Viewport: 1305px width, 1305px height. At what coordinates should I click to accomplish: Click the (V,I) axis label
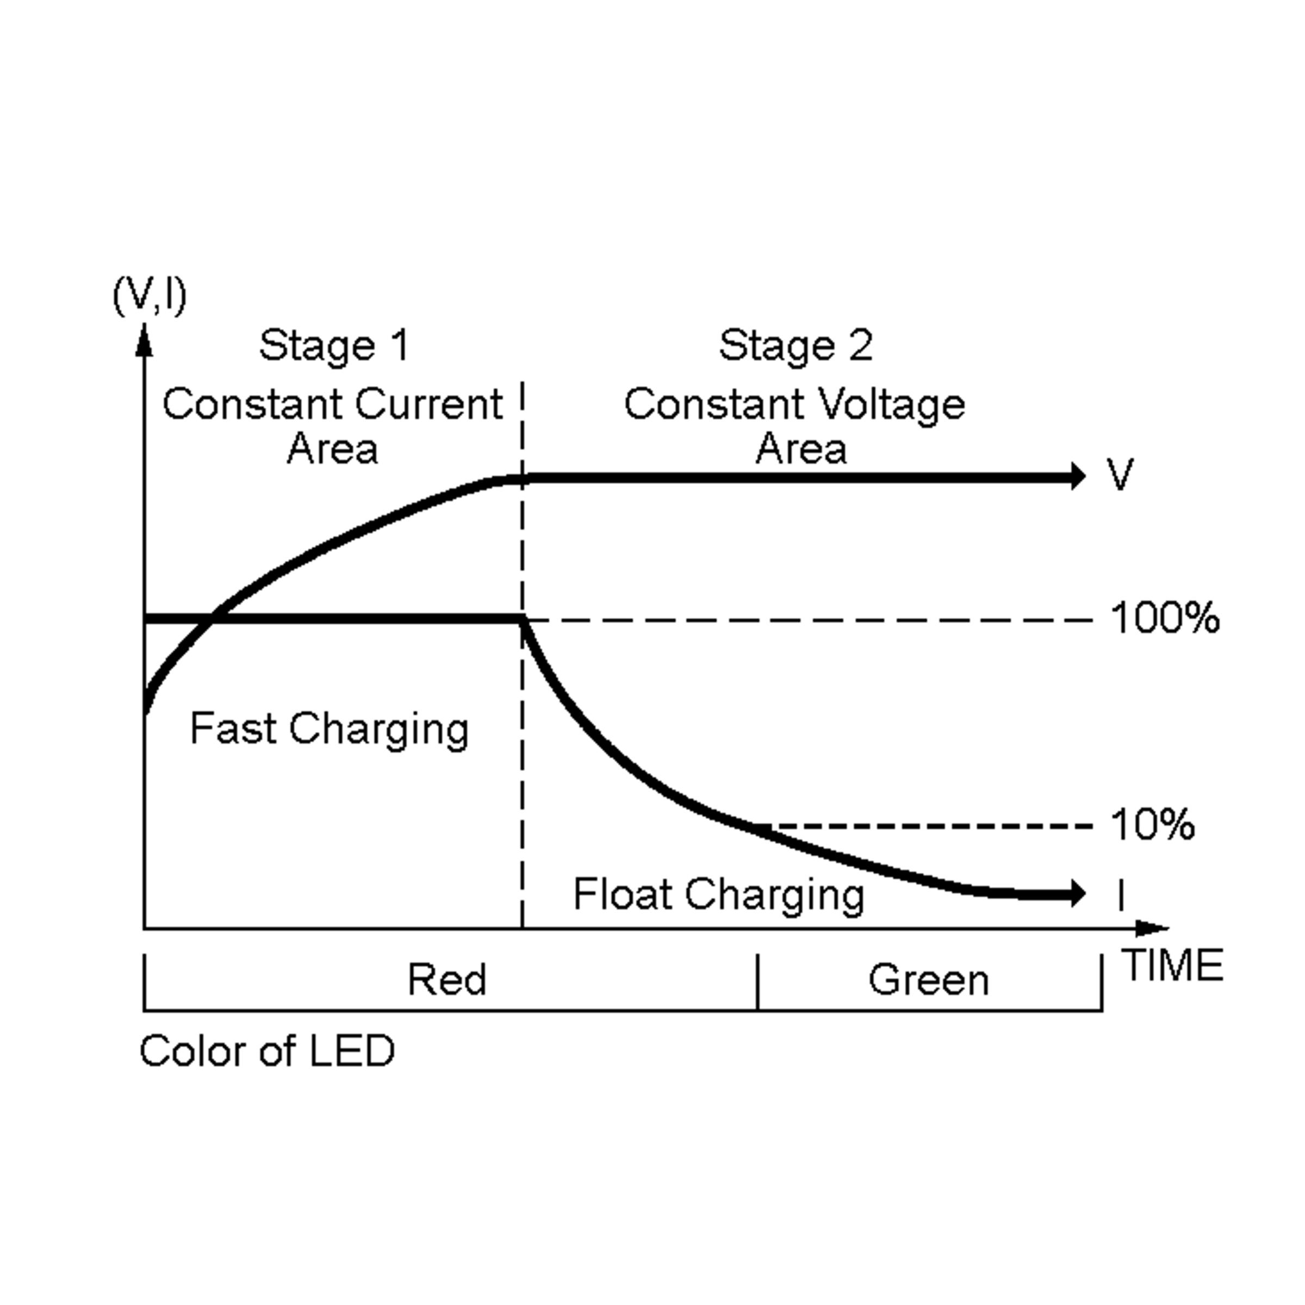[x=150, y=296]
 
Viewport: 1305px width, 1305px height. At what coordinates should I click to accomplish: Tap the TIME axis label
[x=1173, y=965]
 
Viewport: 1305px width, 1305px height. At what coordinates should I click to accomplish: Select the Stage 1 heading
[x=334, y=346]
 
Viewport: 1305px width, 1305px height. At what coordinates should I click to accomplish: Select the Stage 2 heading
[x=795, y=346]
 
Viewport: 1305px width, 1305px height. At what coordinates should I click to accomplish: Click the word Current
[x=428, y=405]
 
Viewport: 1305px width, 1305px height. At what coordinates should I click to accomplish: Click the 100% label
[x=1165, y=618]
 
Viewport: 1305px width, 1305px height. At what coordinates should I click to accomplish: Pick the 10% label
[x=1152, y=825]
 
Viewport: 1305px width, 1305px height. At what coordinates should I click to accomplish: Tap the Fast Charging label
[x=329, y=730]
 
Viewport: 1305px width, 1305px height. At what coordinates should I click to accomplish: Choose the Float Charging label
[x=718, y=895]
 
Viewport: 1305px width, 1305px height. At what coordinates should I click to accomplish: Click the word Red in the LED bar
[x=446, y=979]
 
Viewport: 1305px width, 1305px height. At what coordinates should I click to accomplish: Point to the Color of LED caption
[x=267, y=1051]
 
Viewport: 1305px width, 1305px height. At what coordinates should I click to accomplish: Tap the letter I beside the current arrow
[x=1121, y=895]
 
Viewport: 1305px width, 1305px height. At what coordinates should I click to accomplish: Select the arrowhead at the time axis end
[x=1151, y=929]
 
